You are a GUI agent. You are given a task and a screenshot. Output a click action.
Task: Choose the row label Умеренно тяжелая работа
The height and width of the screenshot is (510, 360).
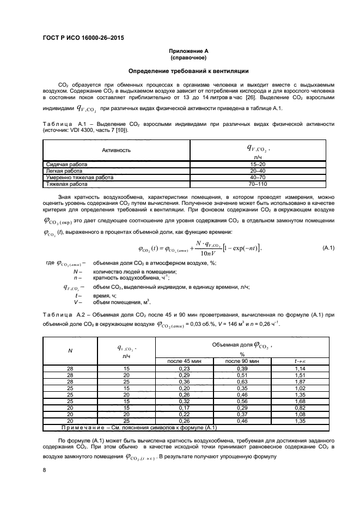(x=78, y=178)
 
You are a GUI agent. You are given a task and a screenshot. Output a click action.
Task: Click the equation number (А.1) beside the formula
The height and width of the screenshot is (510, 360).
(x=328, y=248)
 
